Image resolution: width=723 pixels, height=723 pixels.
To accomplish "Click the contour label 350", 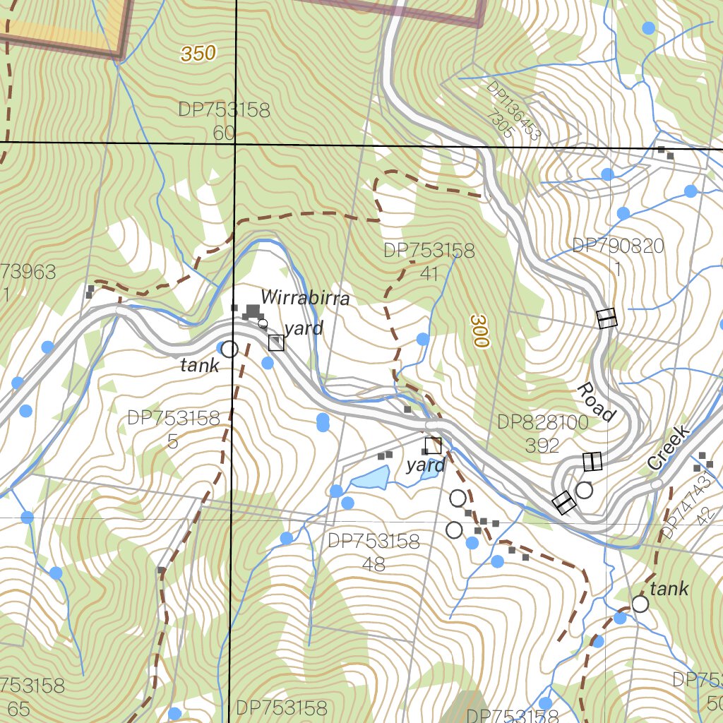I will coord(198,54).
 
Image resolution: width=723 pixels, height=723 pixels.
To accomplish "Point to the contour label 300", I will coord(479,331).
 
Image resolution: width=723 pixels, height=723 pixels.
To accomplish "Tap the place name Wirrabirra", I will coord(305,298).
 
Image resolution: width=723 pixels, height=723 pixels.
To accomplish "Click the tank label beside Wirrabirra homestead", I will coord(200,365).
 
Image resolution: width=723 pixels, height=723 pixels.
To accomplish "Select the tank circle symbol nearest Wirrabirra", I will coord(229,349).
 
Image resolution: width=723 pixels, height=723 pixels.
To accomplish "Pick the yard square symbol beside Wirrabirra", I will coord(276,342).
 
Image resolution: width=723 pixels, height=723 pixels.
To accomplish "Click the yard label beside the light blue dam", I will coord(426,465).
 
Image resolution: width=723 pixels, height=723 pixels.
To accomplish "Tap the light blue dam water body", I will coord(371,479).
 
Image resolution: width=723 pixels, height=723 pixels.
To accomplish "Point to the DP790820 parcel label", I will coord(618,246).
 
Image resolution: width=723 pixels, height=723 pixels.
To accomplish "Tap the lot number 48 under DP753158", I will coord(374,564).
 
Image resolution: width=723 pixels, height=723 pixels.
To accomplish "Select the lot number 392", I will coord(542,445).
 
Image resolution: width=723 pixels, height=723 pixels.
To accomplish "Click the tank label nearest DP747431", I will coord(669,589).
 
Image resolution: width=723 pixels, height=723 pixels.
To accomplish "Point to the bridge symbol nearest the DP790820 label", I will coord(607,318).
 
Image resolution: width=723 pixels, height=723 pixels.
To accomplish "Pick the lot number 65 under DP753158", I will coord(19,709).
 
